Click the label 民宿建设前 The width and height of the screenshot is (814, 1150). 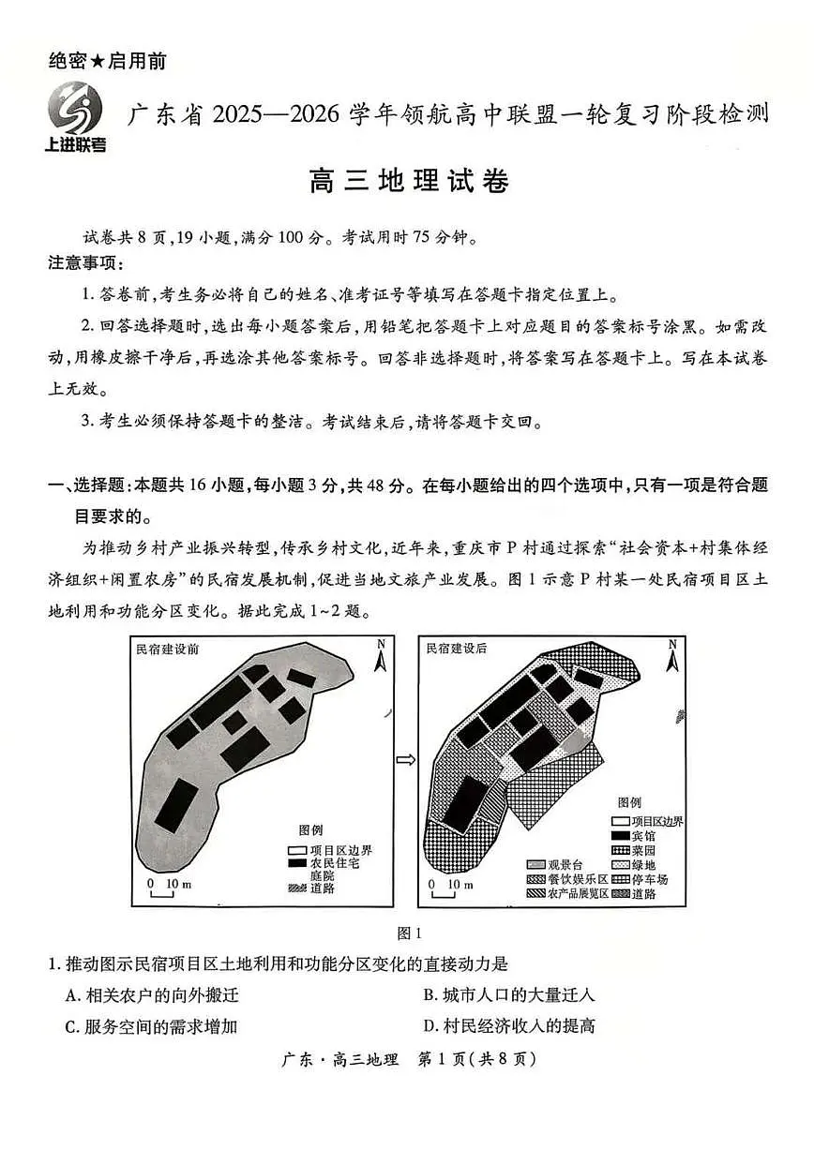[168, 648]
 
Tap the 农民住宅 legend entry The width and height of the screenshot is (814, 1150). [324, 863]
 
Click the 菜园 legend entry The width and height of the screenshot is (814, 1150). [633, 848]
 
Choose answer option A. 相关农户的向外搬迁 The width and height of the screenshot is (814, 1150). [151, 994]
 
